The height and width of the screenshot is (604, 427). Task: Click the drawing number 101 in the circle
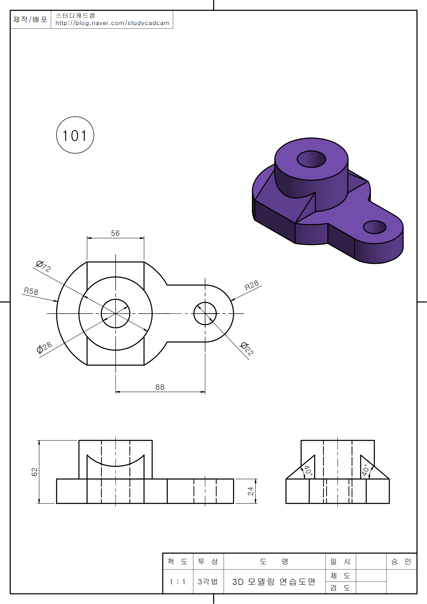(75, 136)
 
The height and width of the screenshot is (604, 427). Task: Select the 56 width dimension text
(115, 233)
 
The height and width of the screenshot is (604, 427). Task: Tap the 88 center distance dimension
(160, 387)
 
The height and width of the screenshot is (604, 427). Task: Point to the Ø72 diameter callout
(43, 266)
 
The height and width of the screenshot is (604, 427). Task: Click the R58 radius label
(31, 291)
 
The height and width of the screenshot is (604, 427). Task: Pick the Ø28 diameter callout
(44, 348)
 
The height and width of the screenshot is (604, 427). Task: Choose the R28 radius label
(252, 285)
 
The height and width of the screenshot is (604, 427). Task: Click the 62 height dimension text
(34, 472)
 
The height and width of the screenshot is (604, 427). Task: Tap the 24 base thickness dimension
(251, 491)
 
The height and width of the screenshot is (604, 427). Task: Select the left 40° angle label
(308, 470)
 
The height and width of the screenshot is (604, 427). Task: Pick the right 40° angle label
(365, 470)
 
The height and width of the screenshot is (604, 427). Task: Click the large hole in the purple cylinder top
(311, 159)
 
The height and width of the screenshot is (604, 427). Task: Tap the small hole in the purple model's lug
(375, 227)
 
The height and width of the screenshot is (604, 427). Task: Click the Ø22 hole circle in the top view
(205, 313)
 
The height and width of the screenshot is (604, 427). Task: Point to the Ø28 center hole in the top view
(115, 313)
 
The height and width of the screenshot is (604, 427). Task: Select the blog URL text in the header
(112, 23)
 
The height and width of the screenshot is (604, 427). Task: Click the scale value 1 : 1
(177, 582)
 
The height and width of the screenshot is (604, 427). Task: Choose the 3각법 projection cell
(208, 581)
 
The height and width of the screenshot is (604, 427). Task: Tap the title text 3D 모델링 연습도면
(274, 582)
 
